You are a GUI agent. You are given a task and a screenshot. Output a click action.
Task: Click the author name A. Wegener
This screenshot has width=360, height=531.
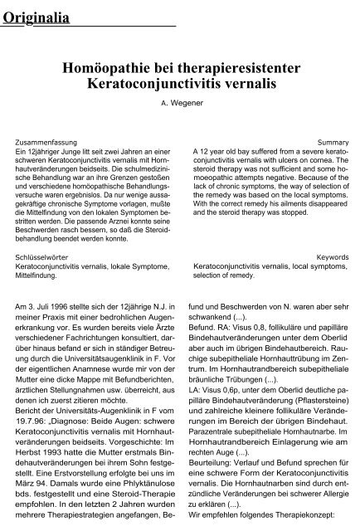181,104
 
